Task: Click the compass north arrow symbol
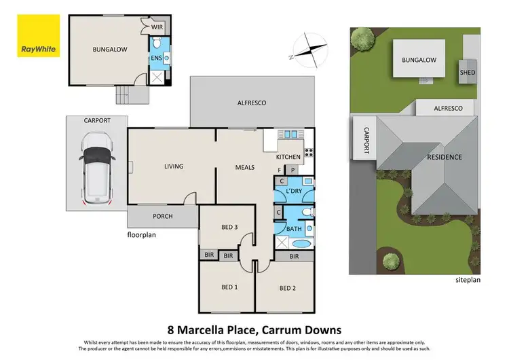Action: click(x=307, y=49)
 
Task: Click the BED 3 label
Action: click(x=230, y=227)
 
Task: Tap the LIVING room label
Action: click(x=174, y=166)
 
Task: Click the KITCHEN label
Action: click(x=288, y=157)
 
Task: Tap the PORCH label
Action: click(x=162, y=217)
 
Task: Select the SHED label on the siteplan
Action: click(x=468, y=72)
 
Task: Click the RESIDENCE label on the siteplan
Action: click(x=444, y=157)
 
